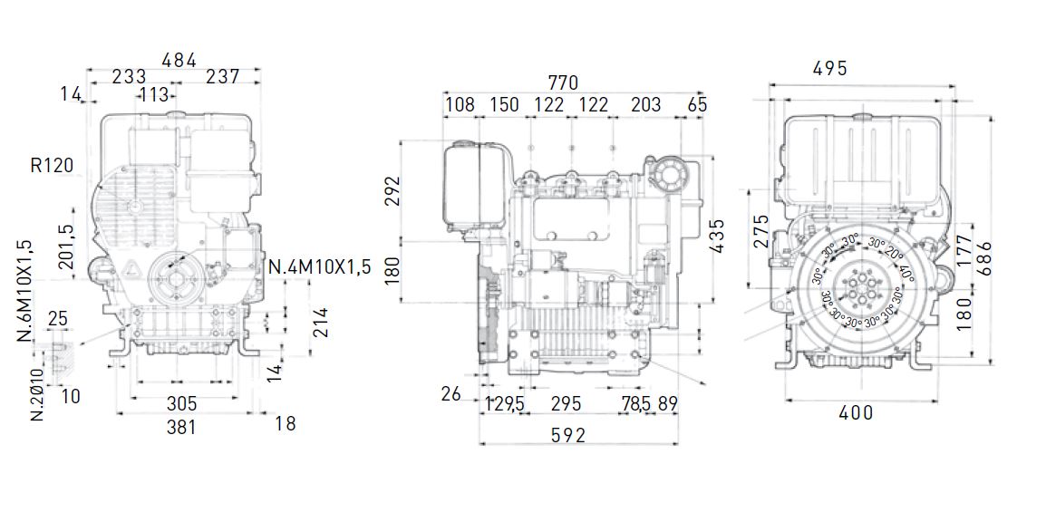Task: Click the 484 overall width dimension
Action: pos(179,60)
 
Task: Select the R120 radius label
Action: pos(52,166)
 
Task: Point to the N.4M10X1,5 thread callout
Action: pos(320,267)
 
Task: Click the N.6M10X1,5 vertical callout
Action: pos(24,292)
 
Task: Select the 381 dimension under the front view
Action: pos(181,426)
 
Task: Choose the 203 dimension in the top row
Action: pos(645,104)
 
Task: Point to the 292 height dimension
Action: pos(392,191)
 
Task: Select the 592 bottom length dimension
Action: pos(567,436)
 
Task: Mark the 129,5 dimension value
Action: pos(505,404)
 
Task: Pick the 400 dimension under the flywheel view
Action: pos(856,413)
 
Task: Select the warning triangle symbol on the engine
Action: pos(131,268)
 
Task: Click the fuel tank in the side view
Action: pos(472,191)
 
